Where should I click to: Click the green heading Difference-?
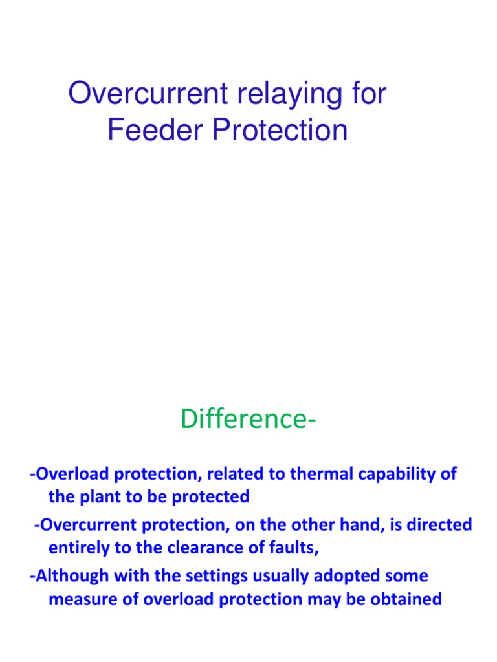tap(248, 419)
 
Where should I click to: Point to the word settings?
tap(215, 576)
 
